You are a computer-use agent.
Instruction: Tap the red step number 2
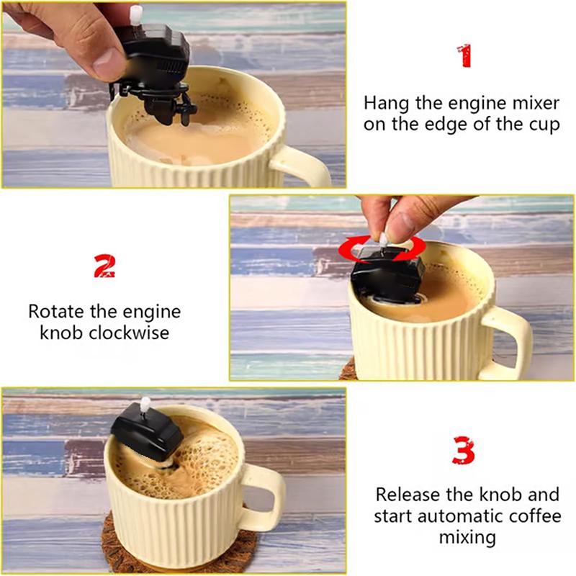click(104, 266)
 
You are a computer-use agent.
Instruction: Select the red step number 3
click(464, 451)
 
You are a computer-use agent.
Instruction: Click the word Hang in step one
click(384, 102)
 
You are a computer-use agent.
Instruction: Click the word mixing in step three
click(467, 537)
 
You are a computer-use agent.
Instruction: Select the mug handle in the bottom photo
click(264, 497)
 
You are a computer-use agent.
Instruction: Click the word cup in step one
click(544, 124)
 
